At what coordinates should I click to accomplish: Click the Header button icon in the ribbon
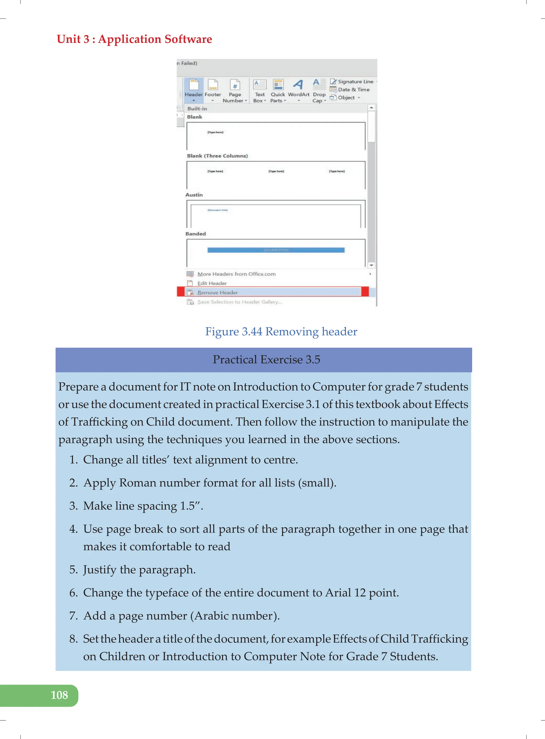[194, 85]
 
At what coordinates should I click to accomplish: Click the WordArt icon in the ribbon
[298, 85]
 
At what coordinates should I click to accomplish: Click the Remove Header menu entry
[217, 293]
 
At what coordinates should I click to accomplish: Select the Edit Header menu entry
[212, 283]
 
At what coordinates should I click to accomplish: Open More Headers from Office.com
[236, 274]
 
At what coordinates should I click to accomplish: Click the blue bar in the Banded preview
[276, 250]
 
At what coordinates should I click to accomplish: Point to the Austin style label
[194, 195]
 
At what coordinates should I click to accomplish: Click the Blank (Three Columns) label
[217, 156]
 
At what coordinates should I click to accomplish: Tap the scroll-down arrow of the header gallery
[371, 265]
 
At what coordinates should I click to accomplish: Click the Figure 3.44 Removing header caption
[281, 331]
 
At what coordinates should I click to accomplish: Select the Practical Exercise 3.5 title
[266, 359]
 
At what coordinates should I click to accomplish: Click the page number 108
[59, 695]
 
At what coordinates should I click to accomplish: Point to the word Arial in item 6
[338, 593]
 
